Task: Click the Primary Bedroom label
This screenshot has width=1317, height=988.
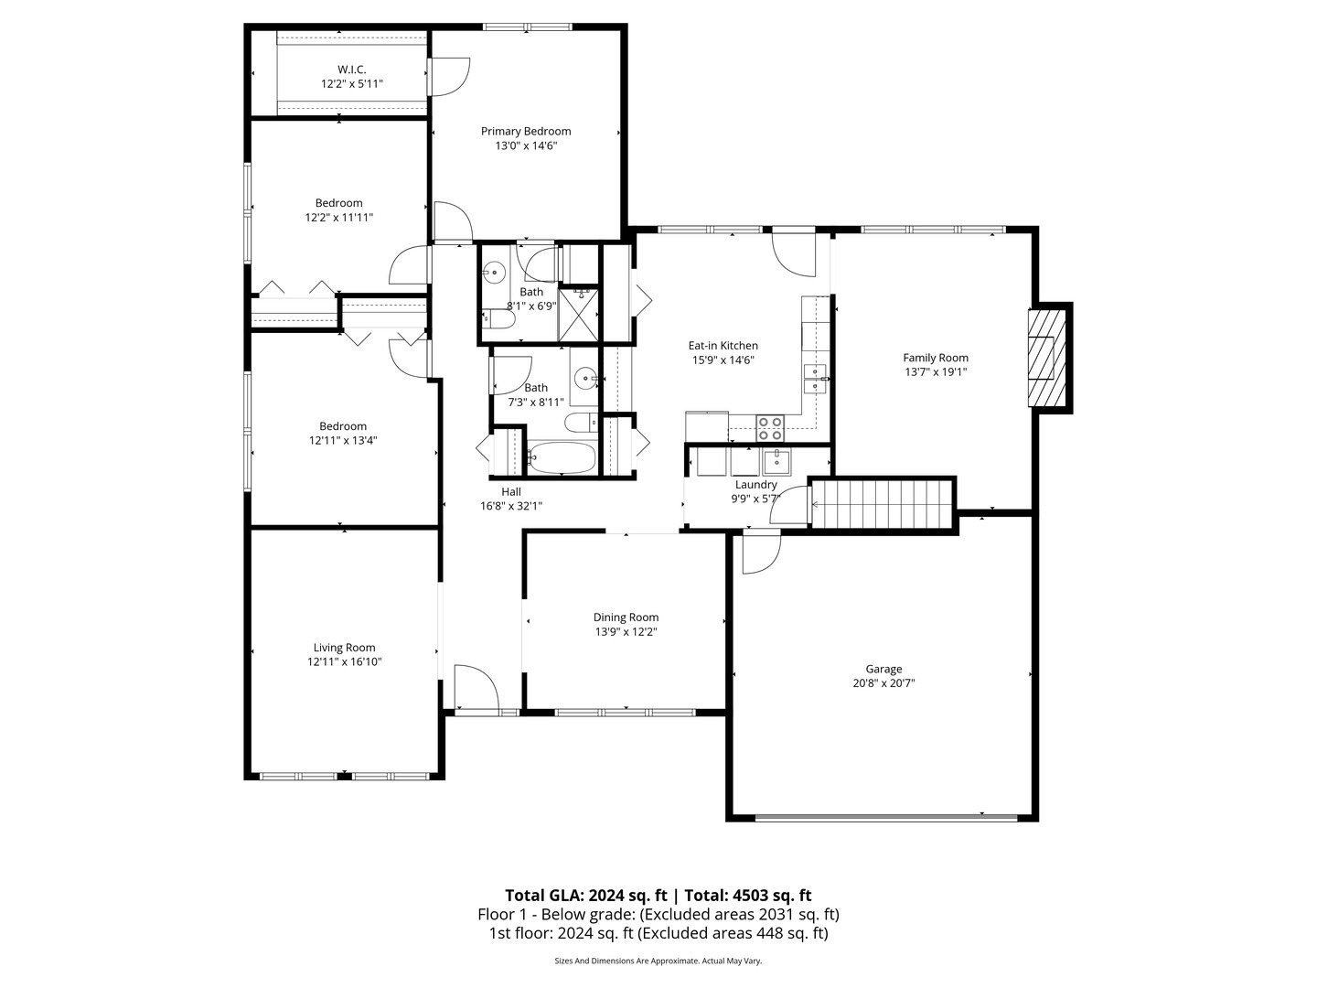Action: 526,131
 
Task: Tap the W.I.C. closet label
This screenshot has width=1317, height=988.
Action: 351,70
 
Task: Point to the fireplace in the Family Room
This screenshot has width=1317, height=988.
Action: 1047,357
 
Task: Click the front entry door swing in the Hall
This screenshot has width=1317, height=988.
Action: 476,688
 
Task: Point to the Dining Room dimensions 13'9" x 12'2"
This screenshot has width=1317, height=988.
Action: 626,631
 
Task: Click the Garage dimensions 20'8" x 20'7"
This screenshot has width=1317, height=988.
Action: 883,682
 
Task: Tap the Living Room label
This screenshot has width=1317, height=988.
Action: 344,648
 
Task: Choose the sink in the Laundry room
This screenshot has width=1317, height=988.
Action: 776,458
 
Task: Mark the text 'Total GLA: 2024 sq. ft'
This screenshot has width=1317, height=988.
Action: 588,896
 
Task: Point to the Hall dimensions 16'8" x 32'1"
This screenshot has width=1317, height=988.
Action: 511,505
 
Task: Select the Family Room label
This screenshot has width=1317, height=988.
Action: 935,358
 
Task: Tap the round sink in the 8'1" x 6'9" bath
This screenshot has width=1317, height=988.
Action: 495,272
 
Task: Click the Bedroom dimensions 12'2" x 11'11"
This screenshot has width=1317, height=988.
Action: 339,218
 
